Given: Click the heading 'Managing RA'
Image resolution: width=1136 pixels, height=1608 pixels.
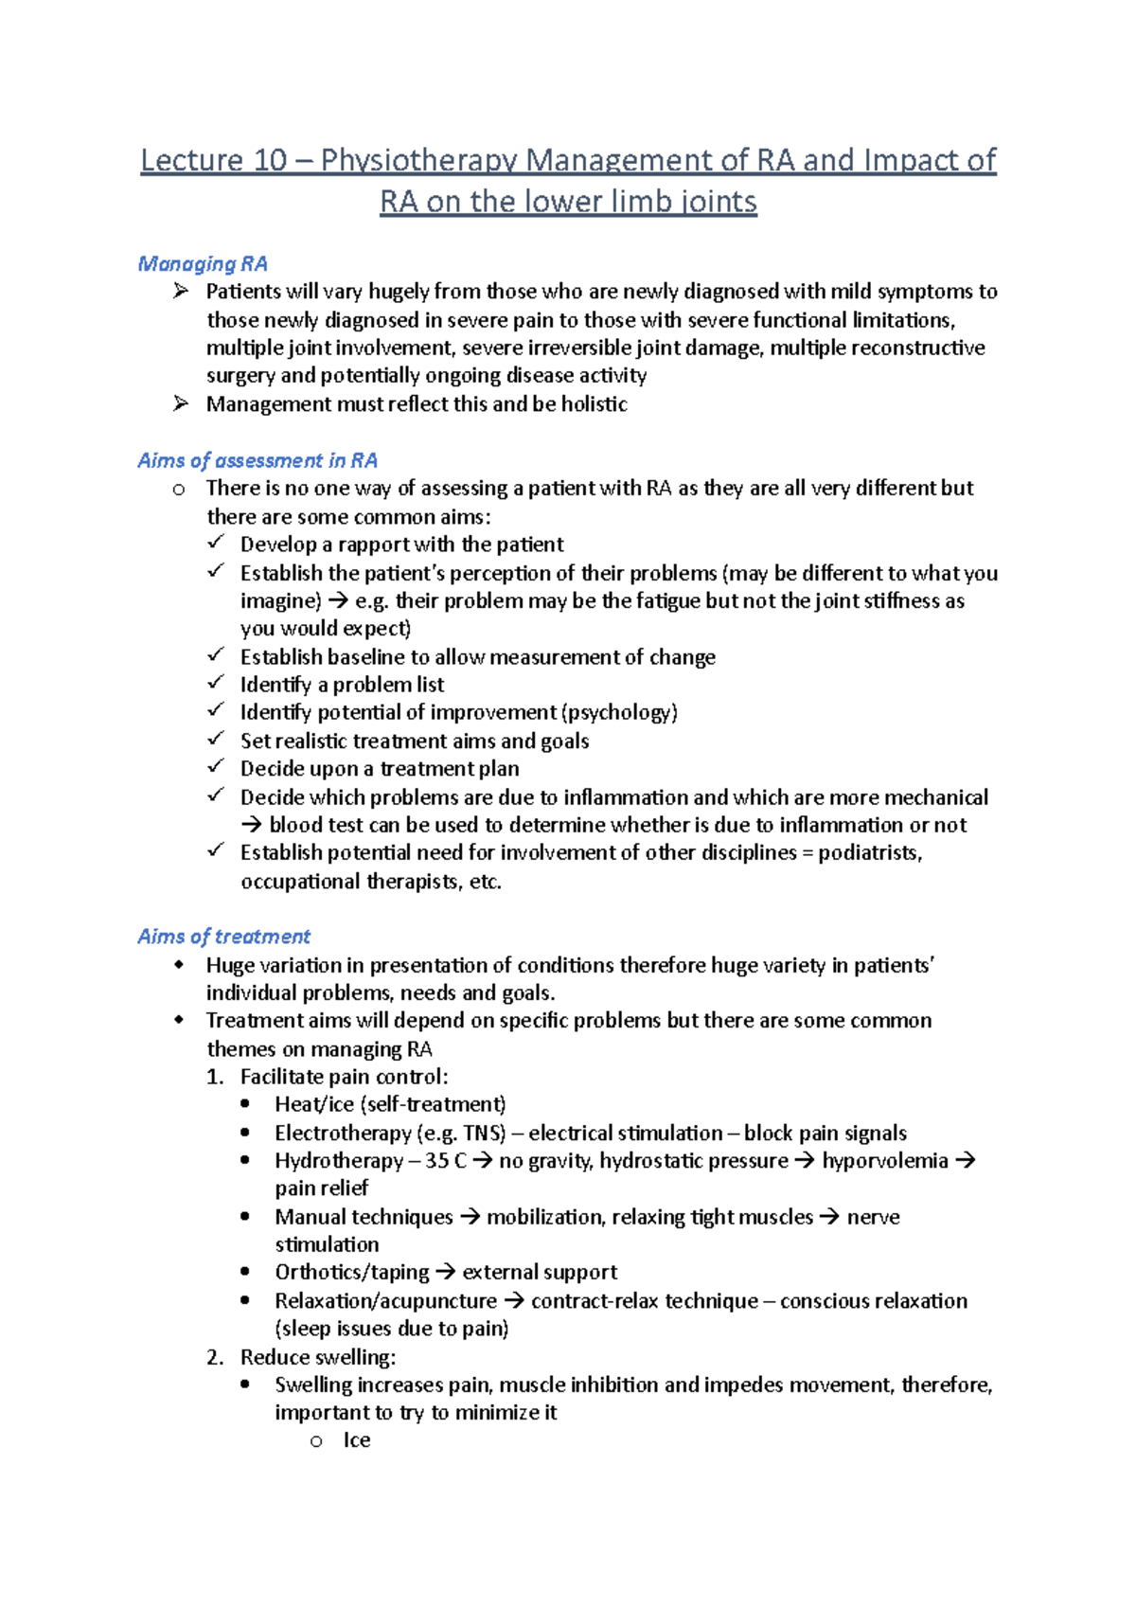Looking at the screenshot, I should (x=203, y=263).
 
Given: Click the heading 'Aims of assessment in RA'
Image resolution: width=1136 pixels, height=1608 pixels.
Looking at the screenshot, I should (x=257, y=460).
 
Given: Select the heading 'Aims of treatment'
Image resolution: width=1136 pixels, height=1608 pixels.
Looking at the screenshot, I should (x=223, y=937).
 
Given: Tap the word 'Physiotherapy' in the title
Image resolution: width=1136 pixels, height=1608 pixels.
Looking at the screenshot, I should (x=418, y=160).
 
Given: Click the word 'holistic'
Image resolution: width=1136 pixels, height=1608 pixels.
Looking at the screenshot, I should (x=594, y=404).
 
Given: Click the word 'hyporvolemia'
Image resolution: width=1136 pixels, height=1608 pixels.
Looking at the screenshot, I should (x=884, y=1161).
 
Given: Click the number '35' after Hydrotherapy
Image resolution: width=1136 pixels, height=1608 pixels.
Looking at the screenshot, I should (x=436, y=1161).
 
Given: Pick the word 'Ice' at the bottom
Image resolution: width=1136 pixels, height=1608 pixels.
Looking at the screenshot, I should (x=357, y=1440).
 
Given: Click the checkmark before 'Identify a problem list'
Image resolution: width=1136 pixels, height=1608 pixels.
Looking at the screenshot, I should (x=216, y=683).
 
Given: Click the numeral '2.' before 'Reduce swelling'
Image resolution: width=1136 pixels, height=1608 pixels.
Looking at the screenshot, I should (x=215, y=1357).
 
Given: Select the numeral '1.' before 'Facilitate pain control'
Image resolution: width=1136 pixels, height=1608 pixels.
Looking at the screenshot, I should (x=215, y=1077).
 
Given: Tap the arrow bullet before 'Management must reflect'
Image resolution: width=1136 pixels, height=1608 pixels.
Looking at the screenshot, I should (x=181, y=403).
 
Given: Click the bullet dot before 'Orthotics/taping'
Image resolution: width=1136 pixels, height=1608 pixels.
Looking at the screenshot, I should (x=246, y=1272).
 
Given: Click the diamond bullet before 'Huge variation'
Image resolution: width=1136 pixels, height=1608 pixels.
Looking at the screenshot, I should (x=179, y=965).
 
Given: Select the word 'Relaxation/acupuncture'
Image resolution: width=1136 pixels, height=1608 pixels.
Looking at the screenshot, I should (x=385, y=1301).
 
